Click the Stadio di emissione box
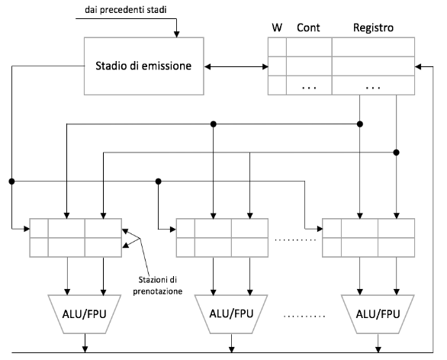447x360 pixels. [143, 66]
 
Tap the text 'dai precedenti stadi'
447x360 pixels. [125, 10]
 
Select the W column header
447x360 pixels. [277, 27]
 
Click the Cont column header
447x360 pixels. [308, 27]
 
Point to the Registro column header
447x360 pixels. [373, 27]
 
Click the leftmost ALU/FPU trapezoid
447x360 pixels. [85, 314]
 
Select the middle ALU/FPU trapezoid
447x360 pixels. [231, 314]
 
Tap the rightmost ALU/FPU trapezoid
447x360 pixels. [378, 314]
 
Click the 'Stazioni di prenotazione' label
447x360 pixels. [158, 285]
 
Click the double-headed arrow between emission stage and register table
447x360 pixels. [236, 66]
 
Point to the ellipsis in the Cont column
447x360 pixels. [309, 88]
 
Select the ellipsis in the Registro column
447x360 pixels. [373, 88]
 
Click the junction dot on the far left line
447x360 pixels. [11, 182]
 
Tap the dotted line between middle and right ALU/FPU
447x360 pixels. [304, 316]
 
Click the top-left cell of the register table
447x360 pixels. [277, 47]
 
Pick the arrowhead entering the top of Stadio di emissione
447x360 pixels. [176, 34]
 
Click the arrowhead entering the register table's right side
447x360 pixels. [418, 66]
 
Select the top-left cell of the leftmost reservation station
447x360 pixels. [39, 228]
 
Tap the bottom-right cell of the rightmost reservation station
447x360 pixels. [396, 247]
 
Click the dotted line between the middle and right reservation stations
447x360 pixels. [295, 240]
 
